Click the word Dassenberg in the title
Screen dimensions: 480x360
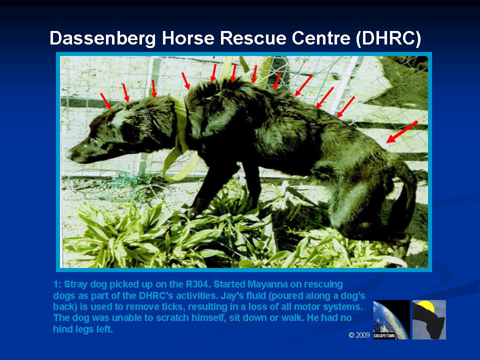pyautogui.click(x=102, y=38)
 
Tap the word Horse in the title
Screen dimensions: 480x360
pyautogui.click(x=187, y=38)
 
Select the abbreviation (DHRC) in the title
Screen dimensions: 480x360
pyautogui.click(x=388, y=38)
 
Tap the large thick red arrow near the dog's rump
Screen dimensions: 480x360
pyautogui.click(x=402, y=131)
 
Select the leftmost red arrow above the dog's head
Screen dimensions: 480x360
pyautogui.click(x=105, y=100)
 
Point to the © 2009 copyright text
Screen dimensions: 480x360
pyautogui.click(x=359, y=335)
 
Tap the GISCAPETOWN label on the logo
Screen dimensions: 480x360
pyautogui.click(x=384, y=336)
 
